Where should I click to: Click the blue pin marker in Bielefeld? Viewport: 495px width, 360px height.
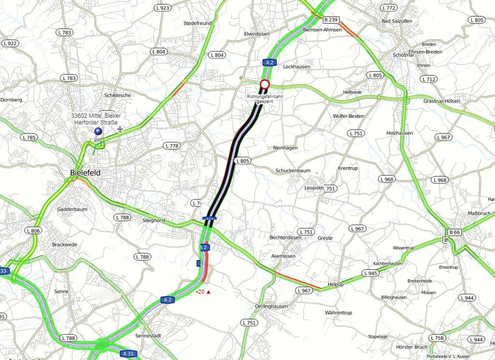tap(98, 131)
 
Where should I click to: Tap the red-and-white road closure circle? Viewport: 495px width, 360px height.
tap(264, 85)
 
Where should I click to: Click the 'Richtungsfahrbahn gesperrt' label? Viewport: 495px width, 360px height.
tap(264, 99)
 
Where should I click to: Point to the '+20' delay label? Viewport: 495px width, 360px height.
tap(203, 292)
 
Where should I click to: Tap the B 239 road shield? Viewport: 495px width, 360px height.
tap(331, 20)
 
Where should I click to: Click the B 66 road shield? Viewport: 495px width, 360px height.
tap(454, 232)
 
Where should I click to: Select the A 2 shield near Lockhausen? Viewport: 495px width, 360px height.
tap(269, 62)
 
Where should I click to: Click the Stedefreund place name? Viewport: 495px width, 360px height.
tap(197, 23)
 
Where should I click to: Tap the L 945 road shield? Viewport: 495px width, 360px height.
tap(370, 274)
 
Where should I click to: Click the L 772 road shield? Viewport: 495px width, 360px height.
tap(388, 8)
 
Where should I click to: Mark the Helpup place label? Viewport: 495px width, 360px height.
tap(335, 284)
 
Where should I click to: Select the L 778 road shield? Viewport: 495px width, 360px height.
tap(172, 145)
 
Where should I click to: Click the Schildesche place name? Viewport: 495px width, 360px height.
tap(117, 95)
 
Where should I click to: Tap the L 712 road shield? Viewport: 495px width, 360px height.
tap(428, 79)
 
